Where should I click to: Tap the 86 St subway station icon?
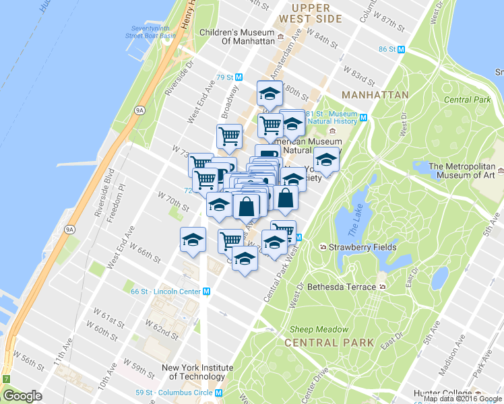[x=402, y=49]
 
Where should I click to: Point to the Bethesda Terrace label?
[x=342, y=287]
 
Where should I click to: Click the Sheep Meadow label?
[x=319, y=329]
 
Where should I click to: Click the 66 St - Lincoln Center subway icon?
[x=207, y=292]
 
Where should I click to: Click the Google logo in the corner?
[x=22, y=397]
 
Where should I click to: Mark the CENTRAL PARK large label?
[x=329, y=343]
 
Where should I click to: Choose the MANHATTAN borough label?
[x=375, y=95]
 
